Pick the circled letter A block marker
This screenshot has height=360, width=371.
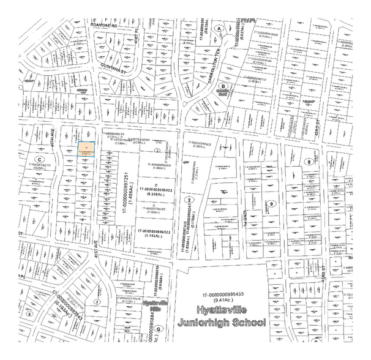tap(219, 28)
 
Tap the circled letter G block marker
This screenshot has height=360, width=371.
tap(159, 329)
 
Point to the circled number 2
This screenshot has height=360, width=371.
tap(190, 200)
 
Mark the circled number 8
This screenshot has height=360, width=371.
tap(310, 162)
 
